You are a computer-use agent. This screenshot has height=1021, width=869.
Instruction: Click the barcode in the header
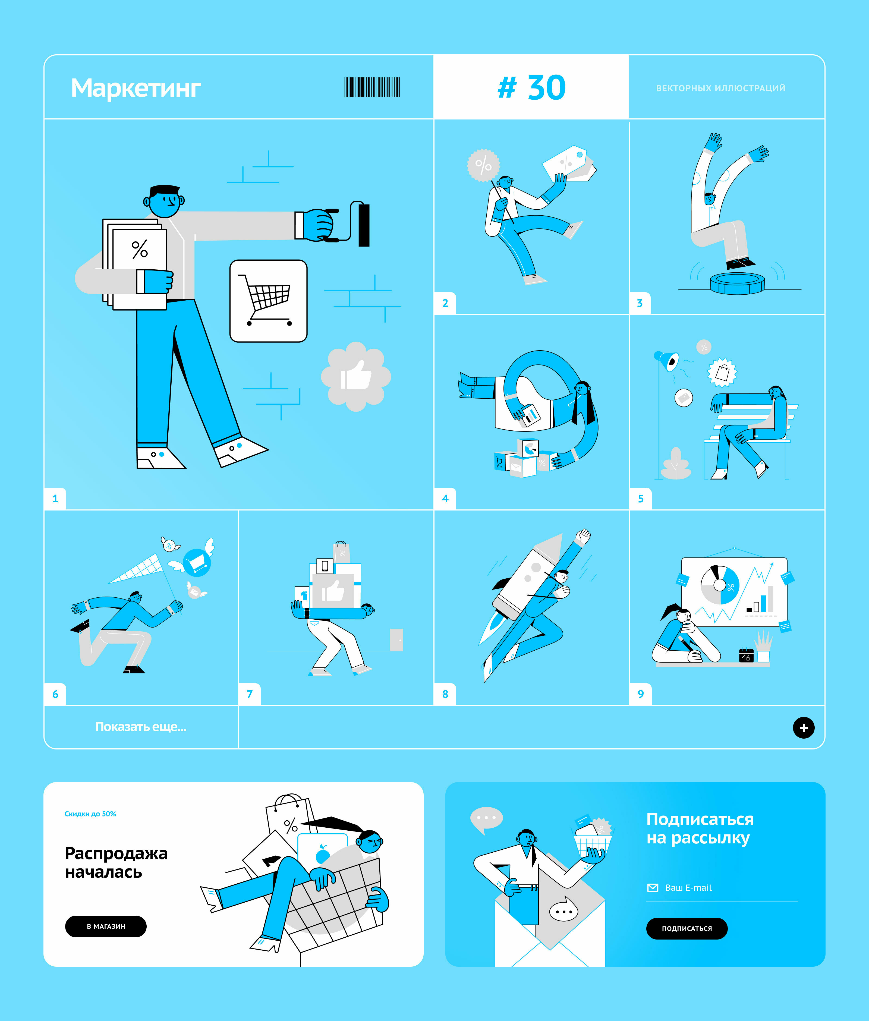(372, 87)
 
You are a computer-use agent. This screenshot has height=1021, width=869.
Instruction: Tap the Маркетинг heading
(136, 89)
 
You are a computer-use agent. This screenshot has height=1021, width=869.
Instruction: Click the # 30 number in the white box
(531, 88)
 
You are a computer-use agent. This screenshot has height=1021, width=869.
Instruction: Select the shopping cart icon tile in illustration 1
(269, 301)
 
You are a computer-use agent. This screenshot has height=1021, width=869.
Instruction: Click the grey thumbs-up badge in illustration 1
(356, 377)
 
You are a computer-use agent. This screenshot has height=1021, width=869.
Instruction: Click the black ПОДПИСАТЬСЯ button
(687, 928)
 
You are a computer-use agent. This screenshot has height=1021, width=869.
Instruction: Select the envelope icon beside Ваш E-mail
(653, 887)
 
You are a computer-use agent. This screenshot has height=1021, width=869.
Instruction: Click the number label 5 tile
(640, 499)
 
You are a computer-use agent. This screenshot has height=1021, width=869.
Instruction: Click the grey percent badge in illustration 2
(483, 165)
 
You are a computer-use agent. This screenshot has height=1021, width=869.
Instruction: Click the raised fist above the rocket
(584, 535)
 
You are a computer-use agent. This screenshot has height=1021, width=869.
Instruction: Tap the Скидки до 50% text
(91, 814)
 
